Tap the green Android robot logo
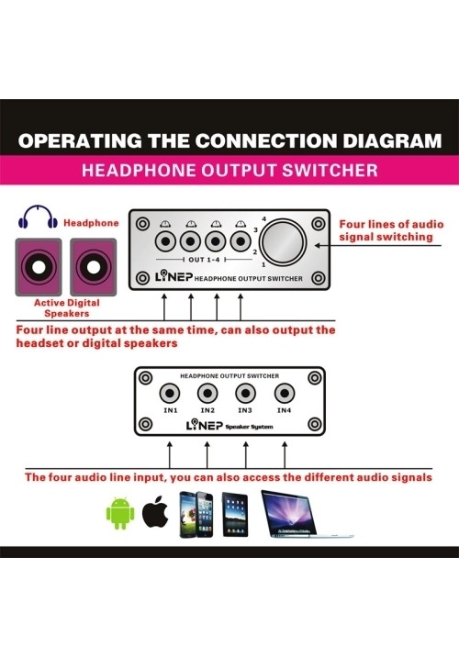coord(120,513)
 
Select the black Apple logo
coord(155,511)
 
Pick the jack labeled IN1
coord(170,393)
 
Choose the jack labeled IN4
coord(285,393)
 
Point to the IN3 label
coord(245,410)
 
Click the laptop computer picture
coord(307,514)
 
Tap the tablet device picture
coord(235,515)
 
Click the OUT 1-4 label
coord(204,260)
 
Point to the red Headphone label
coord(91,223)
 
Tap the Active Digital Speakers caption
coord(67,308)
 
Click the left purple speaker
coord(39,267)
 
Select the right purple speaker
coord(94,267)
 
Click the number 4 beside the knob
coord(263,218)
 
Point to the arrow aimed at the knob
coord(378,246)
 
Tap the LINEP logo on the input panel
coord(205,425)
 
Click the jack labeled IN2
coord(207,393)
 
